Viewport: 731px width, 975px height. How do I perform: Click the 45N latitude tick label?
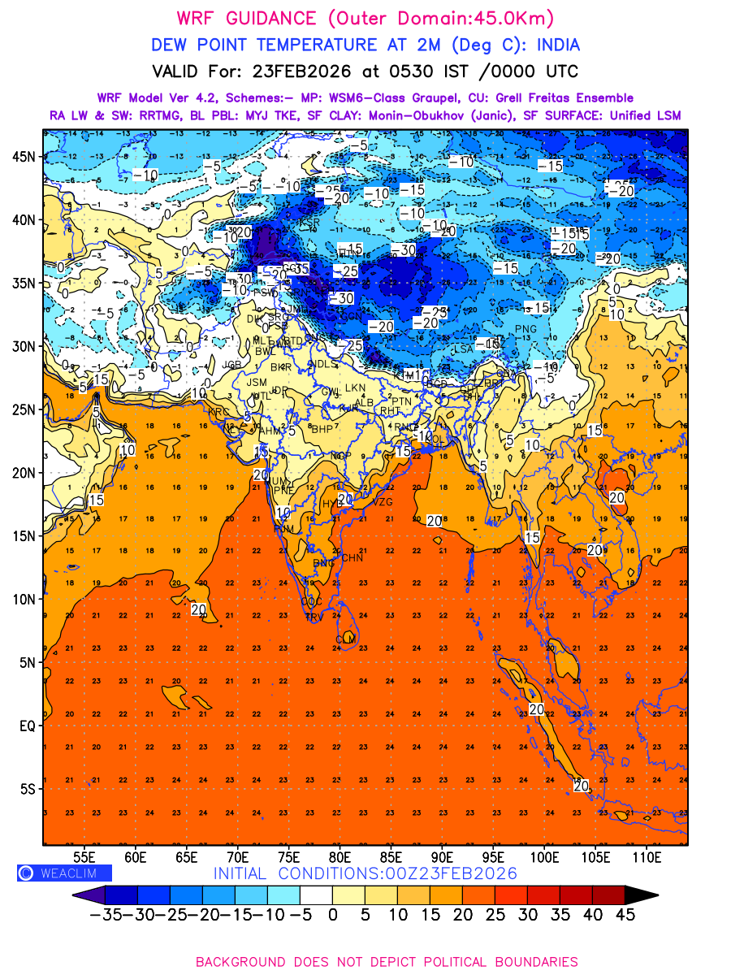23,157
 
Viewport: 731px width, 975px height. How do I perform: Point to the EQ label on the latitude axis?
24,726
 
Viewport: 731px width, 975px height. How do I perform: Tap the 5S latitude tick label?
26,789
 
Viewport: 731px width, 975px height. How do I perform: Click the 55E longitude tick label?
85,856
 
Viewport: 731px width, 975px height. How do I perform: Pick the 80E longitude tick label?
340,856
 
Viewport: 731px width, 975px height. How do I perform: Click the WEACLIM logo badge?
64,873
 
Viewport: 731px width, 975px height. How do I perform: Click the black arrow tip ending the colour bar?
647,895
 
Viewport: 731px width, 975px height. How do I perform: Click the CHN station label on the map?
352,558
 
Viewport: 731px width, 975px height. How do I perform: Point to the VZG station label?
382,503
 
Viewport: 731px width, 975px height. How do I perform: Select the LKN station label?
355,388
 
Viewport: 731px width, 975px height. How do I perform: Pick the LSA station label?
463,349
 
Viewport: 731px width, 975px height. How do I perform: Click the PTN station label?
401,401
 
